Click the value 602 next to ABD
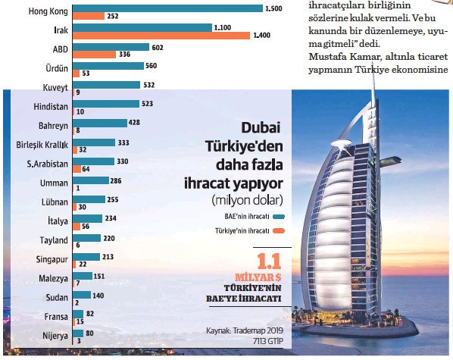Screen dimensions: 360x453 pos(158,47)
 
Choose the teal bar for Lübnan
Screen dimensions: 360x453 pos(92,200)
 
